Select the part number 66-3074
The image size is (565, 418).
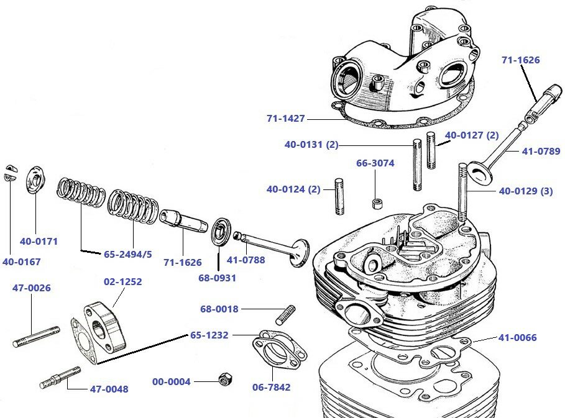pyautogui.click(x=375, y=163)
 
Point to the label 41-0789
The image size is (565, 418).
pyautogui.click(x=541, y=150)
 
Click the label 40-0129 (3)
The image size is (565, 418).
pyautogui.click(x=526, y=191)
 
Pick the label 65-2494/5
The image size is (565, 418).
pyautogui.click(x=127, y=254)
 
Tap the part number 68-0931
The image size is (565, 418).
pyautogui.click(x=217, y=278)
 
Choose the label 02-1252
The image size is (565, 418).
pyautogui.click(x=122, y=281)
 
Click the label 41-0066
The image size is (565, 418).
pyautogui.click(x=517, y=338)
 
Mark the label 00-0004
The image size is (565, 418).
pyautogui.click(x=172, y=382)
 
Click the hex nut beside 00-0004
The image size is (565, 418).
pyautogui.click(x=226, y=379)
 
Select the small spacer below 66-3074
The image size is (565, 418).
pyautogui.click(x=376, y=203)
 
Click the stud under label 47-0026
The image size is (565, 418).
pyautogui.click(x=37, y=336)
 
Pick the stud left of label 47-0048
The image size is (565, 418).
pyautogui.click(x=59, y=378)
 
